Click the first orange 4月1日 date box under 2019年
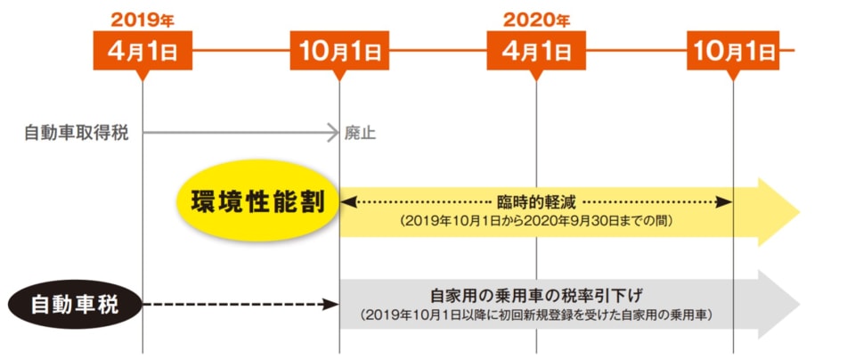[x=142, y=51]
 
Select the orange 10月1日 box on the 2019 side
[x=339, y=51]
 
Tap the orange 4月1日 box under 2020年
[x=535, y=51]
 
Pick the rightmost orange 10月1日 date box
[x=733, y=51]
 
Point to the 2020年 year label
[x=535, y=19]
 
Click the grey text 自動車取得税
[x=77, y=134]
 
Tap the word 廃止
[x=361, y=135]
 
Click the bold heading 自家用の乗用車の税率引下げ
[x=535, y=295]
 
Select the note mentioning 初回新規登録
[x=535, y=315]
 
